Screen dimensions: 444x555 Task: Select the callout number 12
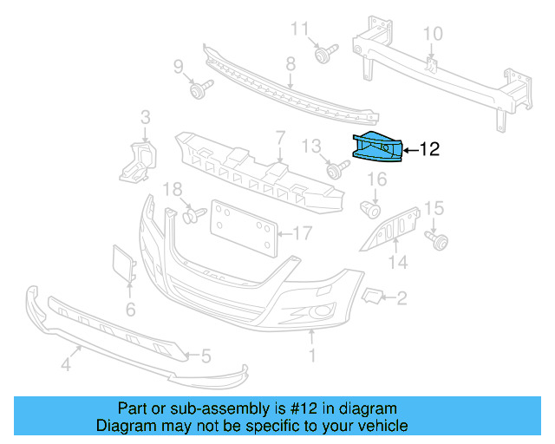click(430, 149)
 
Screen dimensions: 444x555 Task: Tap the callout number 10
click(432, 35)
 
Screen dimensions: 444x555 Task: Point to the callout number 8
click(291, 62)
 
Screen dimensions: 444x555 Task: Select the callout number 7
click(280, 137)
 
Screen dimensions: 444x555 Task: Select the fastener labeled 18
click(192, 212)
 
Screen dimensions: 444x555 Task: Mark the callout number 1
click(313, 356)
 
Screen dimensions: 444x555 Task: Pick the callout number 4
click(65, 365)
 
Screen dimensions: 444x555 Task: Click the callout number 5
click(206, 355)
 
